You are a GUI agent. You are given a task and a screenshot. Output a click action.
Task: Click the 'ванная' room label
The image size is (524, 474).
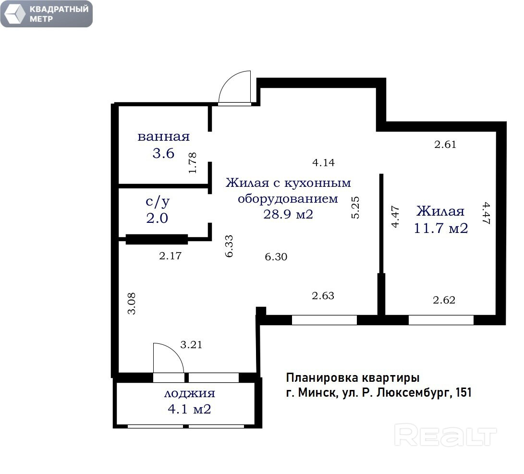tap(163, 136)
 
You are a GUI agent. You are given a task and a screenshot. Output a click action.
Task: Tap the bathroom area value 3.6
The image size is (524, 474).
tap(163, 153)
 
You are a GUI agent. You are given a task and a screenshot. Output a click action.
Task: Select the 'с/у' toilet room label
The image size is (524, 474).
tap(158, 201)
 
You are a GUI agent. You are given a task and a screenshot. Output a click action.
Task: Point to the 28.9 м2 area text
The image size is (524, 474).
tap(288, 214)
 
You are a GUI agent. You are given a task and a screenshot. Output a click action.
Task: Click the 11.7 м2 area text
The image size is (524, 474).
tap(441, 228)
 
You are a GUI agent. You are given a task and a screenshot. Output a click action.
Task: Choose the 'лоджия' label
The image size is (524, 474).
tap(190, 393)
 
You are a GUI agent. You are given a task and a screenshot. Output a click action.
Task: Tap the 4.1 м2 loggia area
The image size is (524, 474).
tap(190, 409)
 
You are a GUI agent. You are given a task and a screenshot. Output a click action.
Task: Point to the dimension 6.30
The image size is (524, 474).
tap(276, 257)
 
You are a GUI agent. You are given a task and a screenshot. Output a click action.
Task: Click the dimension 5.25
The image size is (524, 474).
tap(355, 207)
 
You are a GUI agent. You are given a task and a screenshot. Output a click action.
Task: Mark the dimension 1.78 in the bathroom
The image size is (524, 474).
tap(193, 163)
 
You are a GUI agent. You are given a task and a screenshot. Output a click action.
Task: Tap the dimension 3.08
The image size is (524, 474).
tap(132, 304)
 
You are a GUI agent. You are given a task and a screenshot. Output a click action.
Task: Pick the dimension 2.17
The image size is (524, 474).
tap(170, 256)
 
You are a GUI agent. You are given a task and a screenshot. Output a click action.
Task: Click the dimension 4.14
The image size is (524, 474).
tap(324, 163)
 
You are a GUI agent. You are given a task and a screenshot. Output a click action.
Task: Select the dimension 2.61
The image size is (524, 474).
tap(445, 145)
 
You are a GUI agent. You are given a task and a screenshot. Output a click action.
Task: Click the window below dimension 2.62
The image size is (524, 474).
tap(441, 320)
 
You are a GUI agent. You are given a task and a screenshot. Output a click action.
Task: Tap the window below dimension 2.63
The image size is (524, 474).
tap(325, 320)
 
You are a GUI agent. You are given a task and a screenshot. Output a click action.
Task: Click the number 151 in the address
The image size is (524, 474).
tap(463, 392)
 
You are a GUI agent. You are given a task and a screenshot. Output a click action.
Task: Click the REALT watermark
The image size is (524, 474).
tap(445, 435)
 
